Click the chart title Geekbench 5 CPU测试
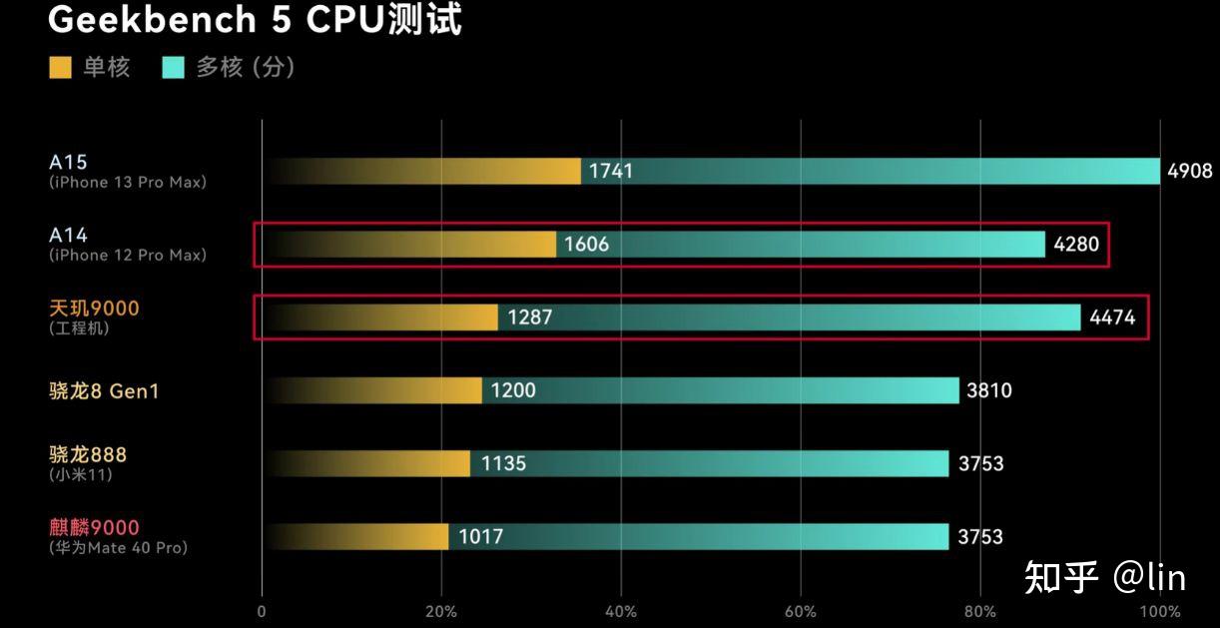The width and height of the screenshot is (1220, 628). coord(255,19)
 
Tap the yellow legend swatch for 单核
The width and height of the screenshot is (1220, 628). coord(60,68)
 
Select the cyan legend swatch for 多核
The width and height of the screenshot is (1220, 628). coord(174,68)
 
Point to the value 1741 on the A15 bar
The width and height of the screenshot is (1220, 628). coord(610,171)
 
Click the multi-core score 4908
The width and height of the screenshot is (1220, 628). coord(1189,171)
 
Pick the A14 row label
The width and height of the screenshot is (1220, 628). coord(69,236)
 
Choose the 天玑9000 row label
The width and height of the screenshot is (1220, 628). coord(94,309)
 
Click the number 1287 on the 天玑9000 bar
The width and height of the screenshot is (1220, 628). coord(529,317)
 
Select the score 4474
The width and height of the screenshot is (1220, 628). coord(1112,317)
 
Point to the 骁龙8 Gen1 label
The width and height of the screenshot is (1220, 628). coord(104,390)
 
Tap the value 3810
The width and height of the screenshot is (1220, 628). coord(989,390)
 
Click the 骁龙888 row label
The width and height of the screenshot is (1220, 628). coord(88,454)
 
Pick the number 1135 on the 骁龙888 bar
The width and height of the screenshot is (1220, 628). coord(503,463)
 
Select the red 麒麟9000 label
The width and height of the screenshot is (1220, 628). coord(94,527)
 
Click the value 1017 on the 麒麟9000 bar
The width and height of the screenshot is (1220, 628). coord(480,536)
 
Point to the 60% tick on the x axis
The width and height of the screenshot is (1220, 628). coord(800,611)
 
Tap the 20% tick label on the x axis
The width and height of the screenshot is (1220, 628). coord(440,611)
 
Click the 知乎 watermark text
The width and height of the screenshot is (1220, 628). coord(1060,576)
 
